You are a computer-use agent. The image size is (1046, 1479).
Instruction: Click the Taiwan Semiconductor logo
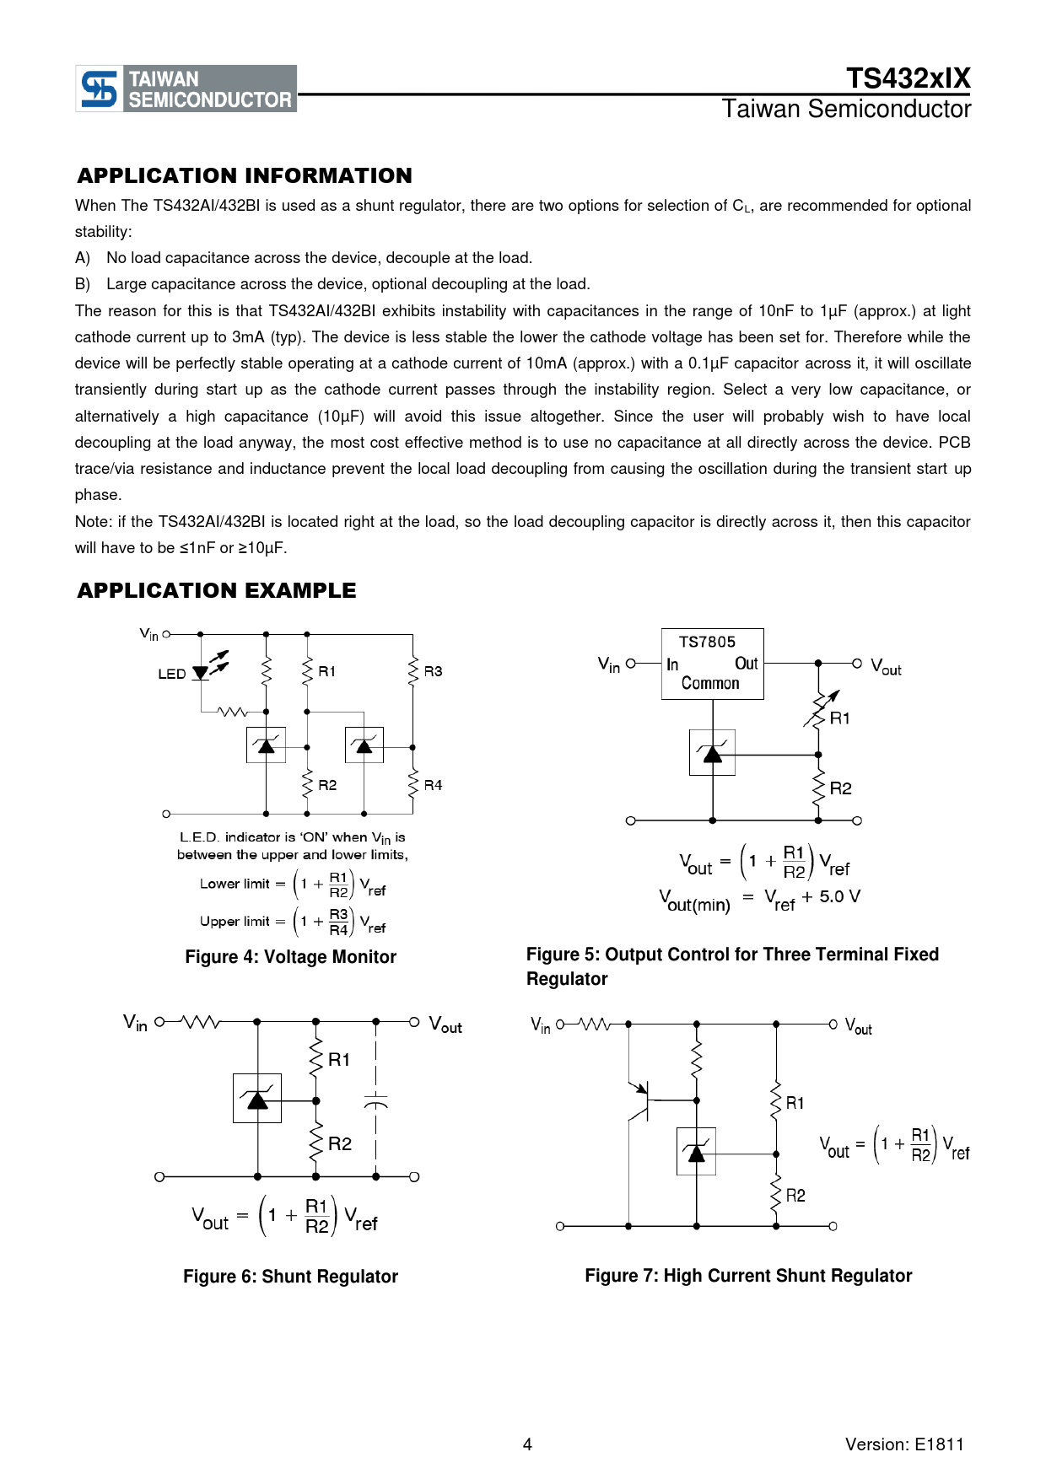point(186,89)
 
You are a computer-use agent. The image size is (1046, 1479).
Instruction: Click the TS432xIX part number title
point(908,78)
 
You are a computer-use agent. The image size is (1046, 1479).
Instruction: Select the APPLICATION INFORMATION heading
point(245,175)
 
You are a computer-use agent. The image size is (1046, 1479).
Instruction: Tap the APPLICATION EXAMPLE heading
point(217,590)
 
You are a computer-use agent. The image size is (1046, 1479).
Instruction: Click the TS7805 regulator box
point(712,664)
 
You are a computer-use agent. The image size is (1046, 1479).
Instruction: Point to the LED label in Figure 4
point(171,674)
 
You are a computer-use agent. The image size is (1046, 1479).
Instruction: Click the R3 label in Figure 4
point(433,671)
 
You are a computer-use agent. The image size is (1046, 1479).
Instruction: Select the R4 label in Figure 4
point(433,785)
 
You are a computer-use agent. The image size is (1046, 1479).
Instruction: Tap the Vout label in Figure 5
point(886,667)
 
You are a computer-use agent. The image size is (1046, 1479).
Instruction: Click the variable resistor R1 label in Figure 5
point(840,718)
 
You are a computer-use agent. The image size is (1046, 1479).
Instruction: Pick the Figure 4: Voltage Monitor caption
point(290,957)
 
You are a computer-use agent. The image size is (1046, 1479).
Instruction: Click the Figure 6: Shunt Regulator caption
point(290,1277)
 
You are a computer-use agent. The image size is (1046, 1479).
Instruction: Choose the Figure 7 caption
point(748,1276)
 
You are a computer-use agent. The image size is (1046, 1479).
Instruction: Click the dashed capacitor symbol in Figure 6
point(376,1101)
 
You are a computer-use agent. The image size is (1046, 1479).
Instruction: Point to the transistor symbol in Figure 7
point(639,1100)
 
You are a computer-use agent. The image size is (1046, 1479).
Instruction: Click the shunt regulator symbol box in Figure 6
point(257,1098)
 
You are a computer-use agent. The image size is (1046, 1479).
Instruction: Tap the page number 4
point(527,1444)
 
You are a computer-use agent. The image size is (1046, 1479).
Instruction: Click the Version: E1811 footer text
point(904,1444)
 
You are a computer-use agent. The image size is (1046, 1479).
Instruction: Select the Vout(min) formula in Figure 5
point(759,900)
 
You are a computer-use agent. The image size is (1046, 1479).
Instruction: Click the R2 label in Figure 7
point(795,1196)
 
